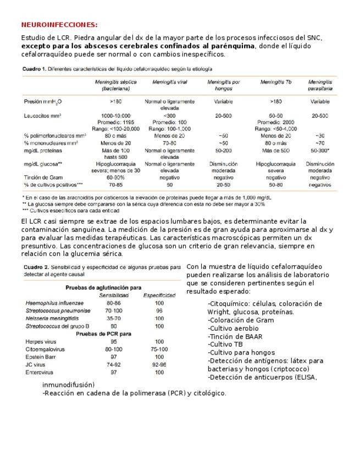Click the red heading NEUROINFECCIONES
[x=59, y=25]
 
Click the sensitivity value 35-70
[x=113, y=318]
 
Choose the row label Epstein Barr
[x=42, y=357]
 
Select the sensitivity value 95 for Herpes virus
[x=113, y=341]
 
